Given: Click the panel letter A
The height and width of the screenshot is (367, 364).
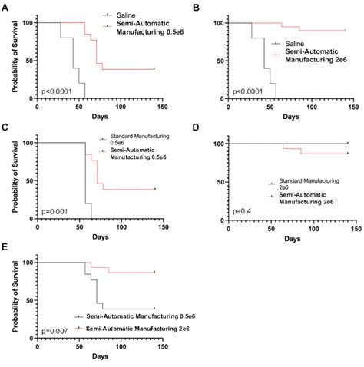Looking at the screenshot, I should pyautogui.click(x=5, y=7).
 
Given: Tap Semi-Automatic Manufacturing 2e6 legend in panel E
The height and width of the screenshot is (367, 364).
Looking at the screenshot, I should pyautogui.click(x=131, y=329).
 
